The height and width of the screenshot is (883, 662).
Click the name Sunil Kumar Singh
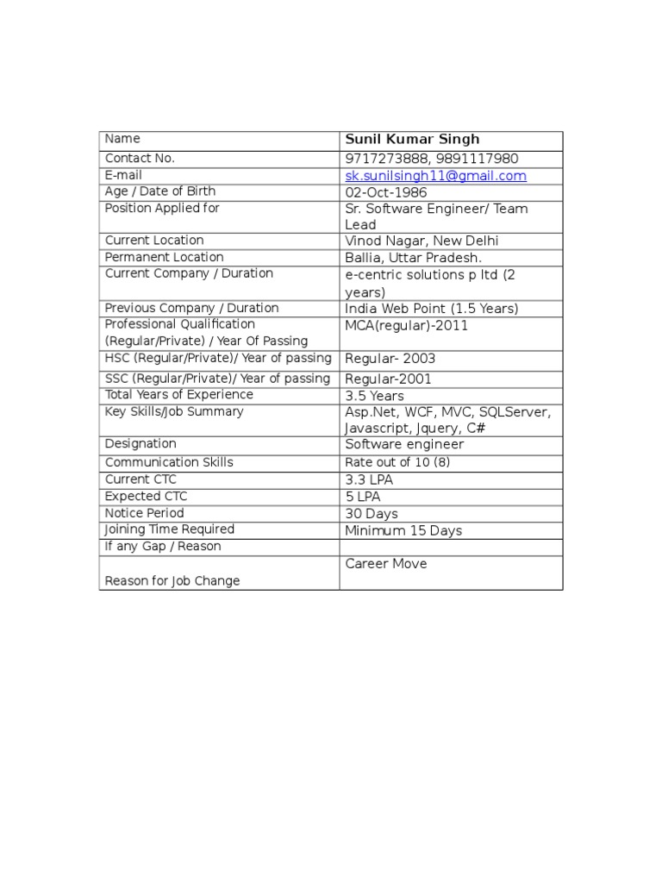click(412, 140)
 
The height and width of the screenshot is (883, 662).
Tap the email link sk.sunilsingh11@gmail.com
click(435, 176)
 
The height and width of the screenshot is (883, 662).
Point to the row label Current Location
click(154, 241)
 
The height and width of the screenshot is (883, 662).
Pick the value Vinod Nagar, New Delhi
click(422, 241)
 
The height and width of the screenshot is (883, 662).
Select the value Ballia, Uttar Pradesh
click(414, 258)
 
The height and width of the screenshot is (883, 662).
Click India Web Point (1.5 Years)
click(432, 309)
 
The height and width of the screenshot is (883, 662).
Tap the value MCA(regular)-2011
click(407, 326)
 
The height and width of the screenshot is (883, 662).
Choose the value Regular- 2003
click(390, 360)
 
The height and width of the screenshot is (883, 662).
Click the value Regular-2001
click(389, 379)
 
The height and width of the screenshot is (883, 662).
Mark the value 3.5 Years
click(374, 397)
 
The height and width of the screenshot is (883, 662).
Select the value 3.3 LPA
click(369, 479)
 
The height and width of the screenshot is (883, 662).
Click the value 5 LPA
click(363, 497)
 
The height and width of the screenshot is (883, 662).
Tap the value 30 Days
click(372, 514)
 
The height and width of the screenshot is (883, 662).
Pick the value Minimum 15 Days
click(403, 531)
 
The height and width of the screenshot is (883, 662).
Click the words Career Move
click(386, 564)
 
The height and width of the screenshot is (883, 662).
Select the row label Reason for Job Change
click(172, 581)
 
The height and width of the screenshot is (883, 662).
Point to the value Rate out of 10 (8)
click(397, 462)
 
